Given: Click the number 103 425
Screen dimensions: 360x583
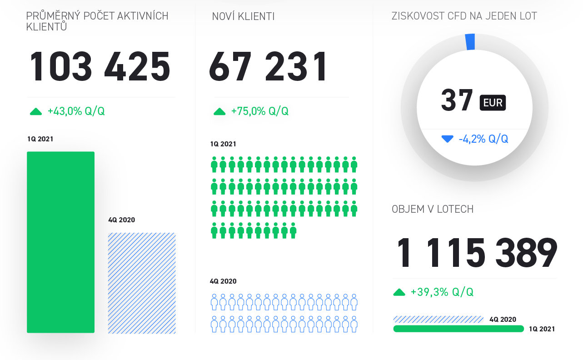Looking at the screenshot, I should click(100, 67).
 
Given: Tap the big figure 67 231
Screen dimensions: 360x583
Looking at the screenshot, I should click(268, 67).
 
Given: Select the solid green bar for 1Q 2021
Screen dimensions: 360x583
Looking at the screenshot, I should click(60, 242).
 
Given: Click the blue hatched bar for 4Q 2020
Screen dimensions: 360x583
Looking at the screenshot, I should click(142, 283).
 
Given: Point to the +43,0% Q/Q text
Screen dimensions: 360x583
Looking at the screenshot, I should click(76, 111).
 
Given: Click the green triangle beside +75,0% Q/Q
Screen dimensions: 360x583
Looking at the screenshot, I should click(219, 111).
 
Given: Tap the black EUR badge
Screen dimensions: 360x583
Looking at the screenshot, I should click(493, 102).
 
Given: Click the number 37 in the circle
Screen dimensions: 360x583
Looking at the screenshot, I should click(457, 101).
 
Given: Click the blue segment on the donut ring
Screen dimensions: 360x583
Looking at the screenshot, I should click(470, 41).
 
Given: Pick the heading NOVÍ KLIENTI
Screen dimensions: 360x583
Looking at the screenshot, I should click(243, 17).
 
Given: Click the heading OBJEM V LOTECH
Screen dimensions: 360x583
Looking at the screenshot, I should click(433, 209).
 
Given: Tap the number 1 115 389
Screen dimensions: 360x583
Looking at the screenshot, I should click(477, 253).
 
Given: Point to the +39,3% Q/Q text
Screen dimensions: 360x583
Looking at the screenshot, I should click(442, 292).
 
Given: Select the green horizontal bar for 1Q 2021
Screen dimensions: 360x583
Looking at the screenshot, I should click(458, 329).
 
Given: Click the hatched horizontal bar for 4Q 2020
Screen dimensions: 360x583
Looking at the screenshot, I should click(438, 319).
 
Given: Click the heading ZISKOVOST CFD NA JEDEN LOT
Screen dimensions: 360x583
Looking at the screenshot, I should click(464, 16).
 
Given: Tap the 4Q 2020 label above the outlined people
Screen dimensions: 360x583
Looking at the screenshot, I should click(223, 281).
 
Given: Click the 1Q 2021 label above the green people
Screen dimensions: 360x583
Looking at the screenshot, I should click(223, 144).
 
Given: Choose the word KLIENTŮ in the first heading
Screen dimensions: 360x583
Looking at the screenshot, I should click(47, 27).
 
